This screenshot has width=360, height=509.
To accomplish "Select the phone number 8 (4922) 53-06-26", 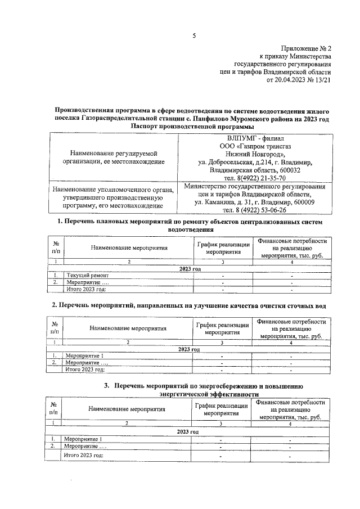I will tap(258, 210).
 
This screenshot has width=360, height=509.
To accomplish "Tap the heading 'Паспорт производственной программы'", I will tap(191, 127).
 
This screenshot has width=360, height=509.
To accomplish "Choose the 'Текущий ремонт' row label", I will tap(85, 276).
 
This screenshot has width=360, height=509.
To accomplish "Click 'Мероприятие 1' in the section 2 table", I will tap(85, 356).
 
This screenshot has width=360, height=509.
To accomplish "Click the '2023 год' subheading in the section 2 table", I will tap(190, 349).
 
